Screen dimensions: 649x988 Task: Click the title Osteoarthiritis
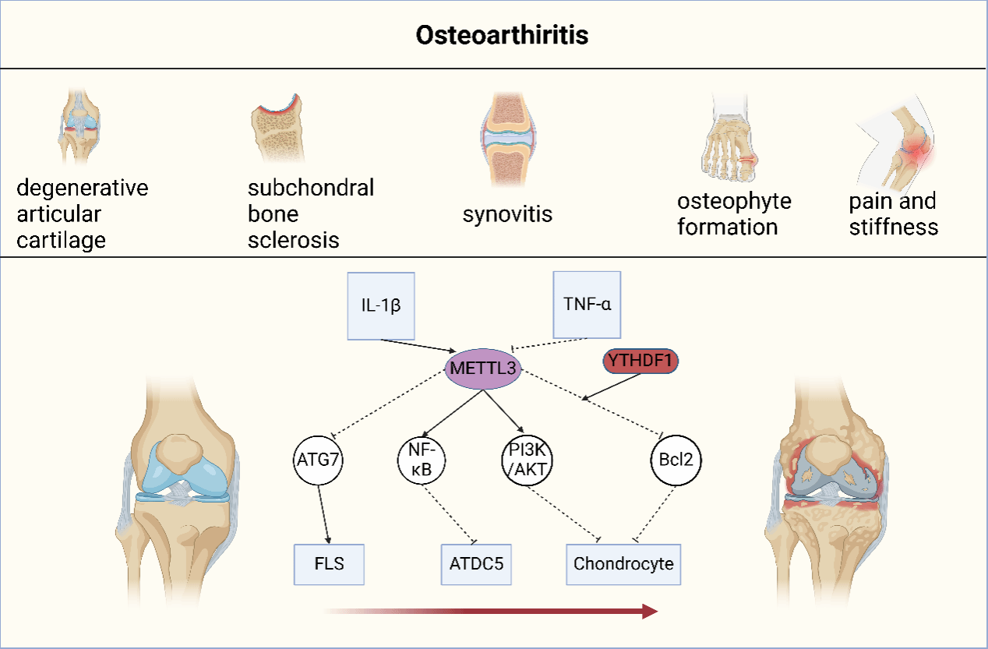(501, 36)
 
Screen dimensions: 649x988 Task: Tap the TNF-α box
(587, 305)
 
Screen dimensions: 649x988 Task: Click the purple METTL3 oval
(482, 367)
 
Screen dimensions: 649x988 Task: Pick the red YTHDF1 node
(640, 360)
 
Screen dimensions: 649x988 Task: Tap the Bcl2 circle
(676, 459)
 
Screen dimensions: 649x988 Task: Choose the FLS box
(329, 564)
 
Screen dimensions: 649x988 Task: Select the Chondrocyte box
(623, 564)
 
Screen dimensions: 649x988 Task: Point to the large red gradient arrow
(491, 611)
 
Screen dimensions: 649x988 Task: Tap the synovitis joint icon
(506, 140)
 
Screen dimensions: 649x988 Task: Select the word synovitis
(507, 213)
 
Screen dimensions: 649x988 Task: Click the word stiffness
(893, 227)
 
